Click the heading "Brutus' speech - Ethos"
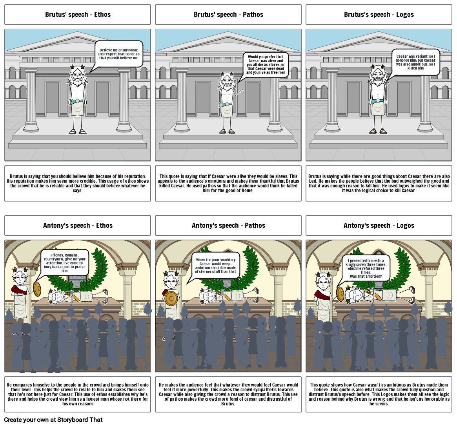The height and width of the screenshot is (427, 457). (78, 15)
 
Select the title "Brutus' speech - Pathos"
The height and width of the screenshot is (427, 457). (228, 15)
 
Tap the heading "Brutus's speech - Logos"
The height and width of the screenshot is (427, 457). (379, 15)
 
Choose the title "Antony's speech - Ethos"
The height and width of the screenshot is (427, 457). (78, 225)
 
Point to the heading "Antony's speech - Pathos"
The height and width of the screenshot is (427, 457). (228, 225)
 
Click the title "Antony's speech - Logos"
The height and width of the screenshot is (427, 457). (379, 225)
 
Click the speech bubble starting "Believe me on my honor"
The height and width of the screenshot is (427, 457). (118, 54)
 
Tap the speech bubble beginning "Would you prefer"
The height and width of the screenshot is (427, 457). (265, 65)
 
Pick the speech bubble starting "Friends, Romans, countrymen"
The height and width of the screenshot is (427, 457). (65, 262)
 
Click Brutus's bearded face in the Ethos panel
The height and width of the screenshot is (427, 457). (77, 78)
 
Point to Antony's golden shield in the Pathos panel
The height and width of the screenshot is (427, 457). (171, 299)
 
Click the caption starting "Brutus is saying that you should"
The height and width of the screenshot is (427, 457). (78, 183)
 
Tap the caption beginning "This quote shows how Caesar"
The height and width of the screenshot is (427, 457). (379, 394)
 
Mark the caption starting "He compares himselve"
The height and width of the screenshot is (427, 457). (78, 394)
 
